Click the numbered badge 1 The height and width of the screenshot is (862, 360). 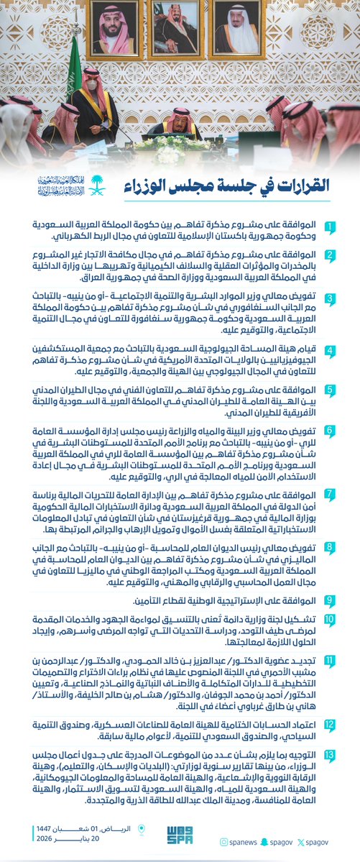[329, 229]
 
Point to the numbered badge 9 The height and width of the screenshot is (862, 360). [329, 599]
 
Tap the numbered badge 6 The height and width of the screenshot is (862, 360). [329, 431]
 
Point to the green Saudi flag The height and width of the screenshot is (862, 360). [74, 72]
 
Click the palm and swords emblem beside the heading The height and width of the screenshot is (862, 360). [96, 185]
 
